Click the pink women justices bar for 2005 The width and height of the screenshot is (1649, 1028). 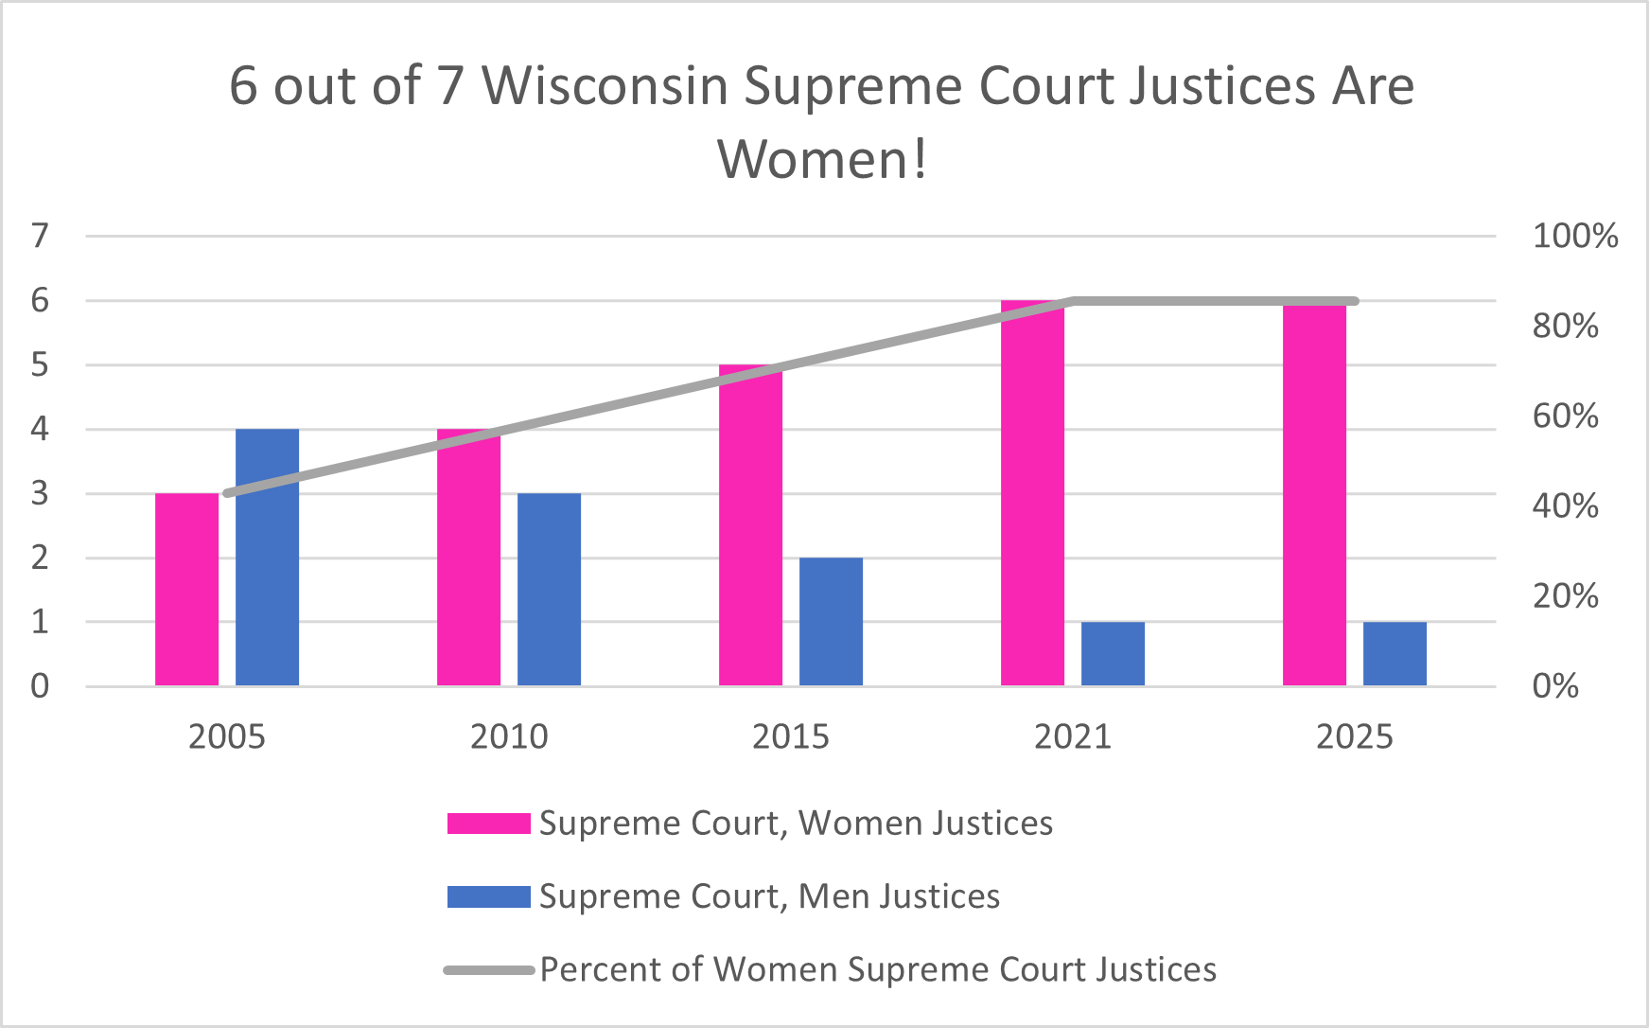[x=186, y=589]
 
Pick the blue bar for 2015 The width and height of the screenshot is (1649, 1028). [x=831, y=621]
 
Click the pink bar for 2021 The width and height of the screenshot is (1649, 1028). [x=1032, y=492]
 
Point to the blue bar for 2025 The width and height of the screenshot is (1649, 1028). [x=1395, y=653]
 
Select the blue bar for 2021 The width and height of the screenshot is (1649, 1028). [x=1113, y=653]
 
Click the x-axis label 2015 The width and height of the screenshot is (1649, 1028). [x=790, y=736]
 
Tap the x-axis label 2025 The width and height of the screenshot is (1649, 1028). [x=1354, y=736]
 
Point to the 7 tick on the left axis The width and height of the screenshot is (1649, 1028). [x=40, y=235]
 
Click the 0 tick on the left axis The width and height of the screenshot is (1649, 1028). [x=40, y=685]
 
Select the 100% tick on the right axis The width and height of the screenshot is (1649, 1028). [x=1574, y=236]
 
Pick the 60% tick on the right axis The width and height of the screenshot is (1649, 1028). [x=1565, y=416]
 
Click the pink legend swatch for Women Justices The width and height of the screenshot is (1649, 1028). [x=488, y=823]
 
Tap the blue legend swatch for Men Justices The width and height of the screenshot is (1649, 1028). [x=488, y=896]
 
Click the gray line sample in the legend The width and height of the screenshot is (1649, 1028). [x=488, y=970]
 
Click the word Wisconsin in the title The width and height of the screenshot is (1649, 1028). [x=605, y=86]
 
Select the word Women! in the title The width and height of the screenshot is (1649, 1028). [x=822, y=158]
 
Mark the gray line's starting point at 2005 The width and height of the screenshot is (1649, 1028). [x=227, y=493]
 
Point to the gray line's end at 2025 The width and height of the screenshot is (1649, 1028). [x=1355, y=301]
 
